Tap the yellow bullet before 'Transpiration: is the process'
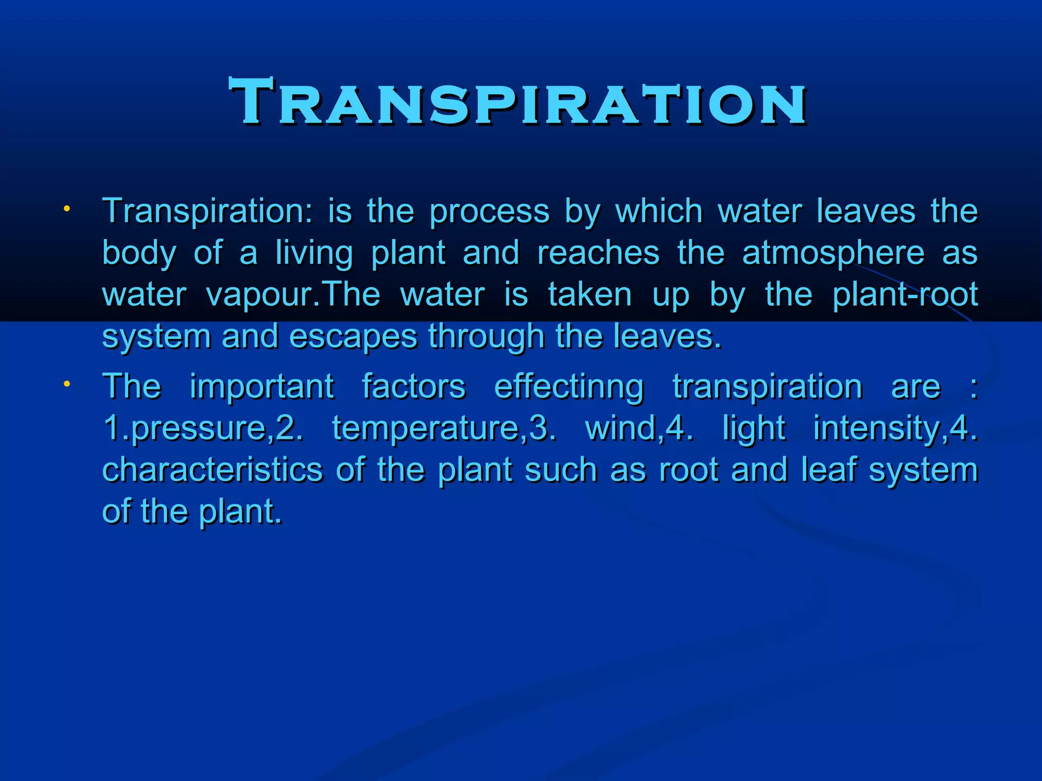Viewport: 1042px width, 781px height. [67, 209]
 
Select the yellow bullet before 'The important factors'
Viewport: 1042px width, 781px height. [67, 384]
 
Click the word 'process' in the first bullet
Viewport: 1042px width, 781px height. [489, 212]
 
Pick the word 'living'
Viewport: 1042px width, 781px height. [314, 253]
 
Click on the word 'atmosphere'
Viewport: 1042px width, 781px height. [833, 253]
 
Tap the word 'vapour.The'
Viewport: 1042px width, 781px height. [293, 295]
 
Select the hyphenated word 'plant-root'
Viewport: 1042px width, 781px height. [905, 294]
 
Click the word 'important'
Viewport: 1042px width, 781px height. [262, 386]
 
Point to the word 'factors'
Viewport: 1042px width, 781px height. [414, 386]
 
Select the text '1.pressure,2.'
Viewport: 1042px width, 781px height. [203, 428]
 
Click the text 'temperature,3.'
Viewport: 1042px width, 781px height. [444, 428]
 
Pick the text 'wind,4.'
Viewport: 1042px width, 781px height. [640, 428]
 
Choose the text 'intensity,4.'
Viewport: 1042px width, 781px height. [895, 428]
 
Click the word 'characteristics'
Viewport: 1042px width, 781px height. [213, 469]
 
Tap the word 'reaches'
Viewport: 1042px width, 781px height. [598, 253]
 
